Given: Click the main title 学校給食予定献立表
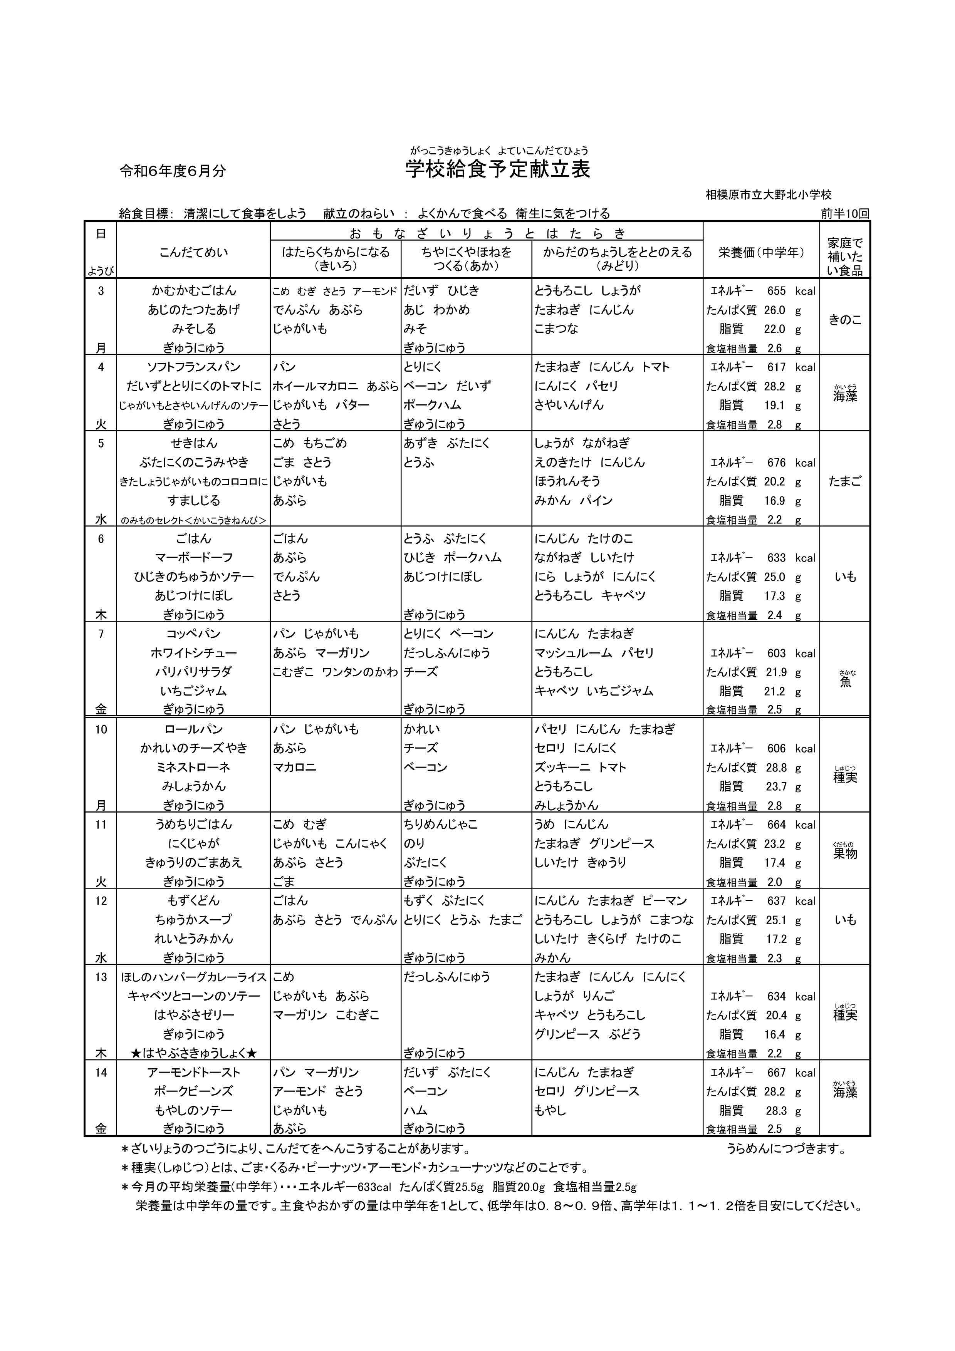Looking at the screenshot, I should [497, 169].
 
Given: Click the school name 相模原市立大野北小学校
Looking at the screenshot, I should [769, 195].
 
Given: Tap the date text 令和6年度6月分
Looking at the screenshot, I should [173, 171].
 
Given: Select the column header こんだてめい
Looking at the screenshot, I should [194, 252].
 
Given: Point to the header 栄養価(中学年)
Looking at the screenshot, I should [761, 252].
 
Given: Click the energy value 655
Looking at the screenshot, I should [776, 291].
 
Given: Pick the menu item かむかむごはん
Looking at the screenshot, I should [194, 291].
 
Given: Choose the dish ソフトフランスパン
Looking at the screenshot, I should [194, 367].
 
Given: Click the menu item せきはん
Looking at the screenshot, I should [194, 443].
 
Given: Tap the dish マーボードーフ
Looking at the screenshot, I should [194, 557].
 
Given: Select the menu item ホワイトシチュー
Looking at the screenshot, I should [194, 652].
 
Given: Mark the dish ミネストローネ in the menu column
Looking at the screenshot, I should [194, 767].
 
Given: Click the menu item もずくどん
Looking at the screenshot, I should [194, 900].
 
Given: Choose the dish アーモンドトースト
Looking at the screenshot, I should [194, 1072].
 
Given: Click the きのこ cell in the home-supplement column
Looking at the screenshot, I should [845, 320].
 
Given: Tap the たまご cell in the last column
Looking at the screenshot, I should [845, 481].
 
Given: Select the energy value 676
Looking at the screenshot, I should [776, 463].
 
